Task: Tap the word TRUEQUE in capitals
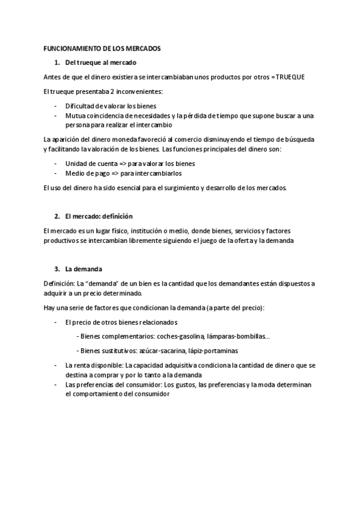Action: (x=291, y=78)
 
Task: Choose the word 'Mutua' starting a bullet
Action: (x=75, y=115)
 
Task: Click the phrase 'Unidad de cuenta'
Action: (x=88, y=163)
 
